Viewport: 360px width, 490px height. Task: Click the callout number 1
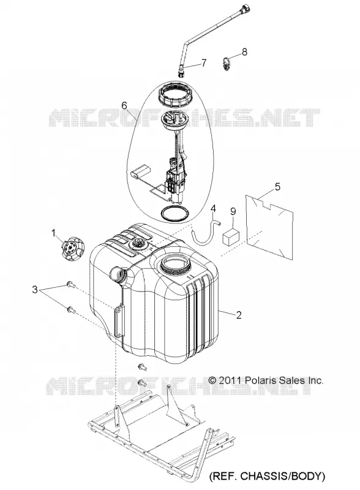(x=53, y=233)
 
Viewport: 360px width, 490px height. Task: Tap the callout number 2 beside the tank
(x=239, y=315)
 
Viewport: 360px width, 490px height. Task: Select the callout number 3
(x=35, y=290)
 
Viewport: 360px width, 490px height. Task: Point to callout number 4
(x=213, y=208)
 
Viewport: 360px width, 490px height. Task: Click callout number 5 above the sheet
(x=277, y=187)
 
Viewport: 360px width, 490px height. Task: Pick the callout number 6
(x=124, y=105)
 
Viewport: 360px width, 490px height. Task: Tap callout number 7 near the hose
(x=204, y=63)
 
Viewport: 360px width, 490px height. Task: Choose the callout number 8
(x=244, y=52)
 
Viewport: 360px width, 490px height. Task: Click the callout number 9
(x=233, y=211)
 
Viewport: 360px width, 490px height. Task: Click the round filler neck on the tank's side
(x=118, y=274)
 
